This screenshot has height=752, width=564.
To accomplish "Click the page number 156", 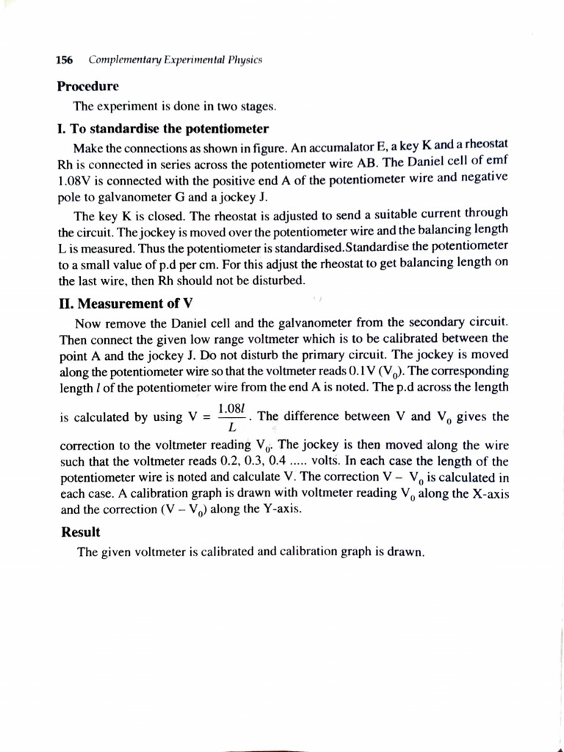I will point(66,59).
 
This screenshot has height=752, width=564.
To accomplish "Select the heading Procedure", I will point(87,86).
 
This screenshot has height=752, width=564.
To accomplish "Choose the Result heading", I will point(81,531).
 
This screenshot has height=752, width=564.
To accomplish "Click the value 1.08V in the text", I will point(74,178).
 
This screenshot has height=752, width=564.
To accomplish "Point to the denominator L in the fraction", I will point(233,427).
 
